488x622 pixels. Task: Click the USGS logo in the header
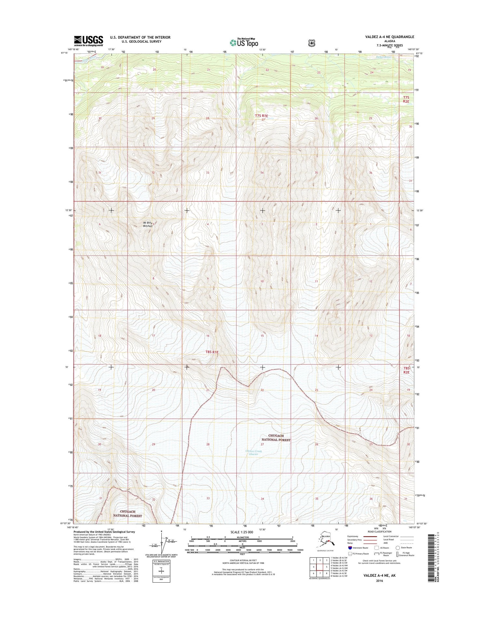point(88,41)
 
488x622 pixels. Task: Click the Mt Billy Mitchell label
point(148,224)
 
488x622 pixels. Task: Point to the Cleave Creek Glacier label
point(253,453)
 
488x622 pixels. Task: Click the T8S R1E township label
point(212,352)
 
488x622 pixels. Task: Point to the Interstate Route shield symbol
point(350,548)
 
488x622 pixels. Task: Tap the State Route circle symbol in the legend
point(398,548)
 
